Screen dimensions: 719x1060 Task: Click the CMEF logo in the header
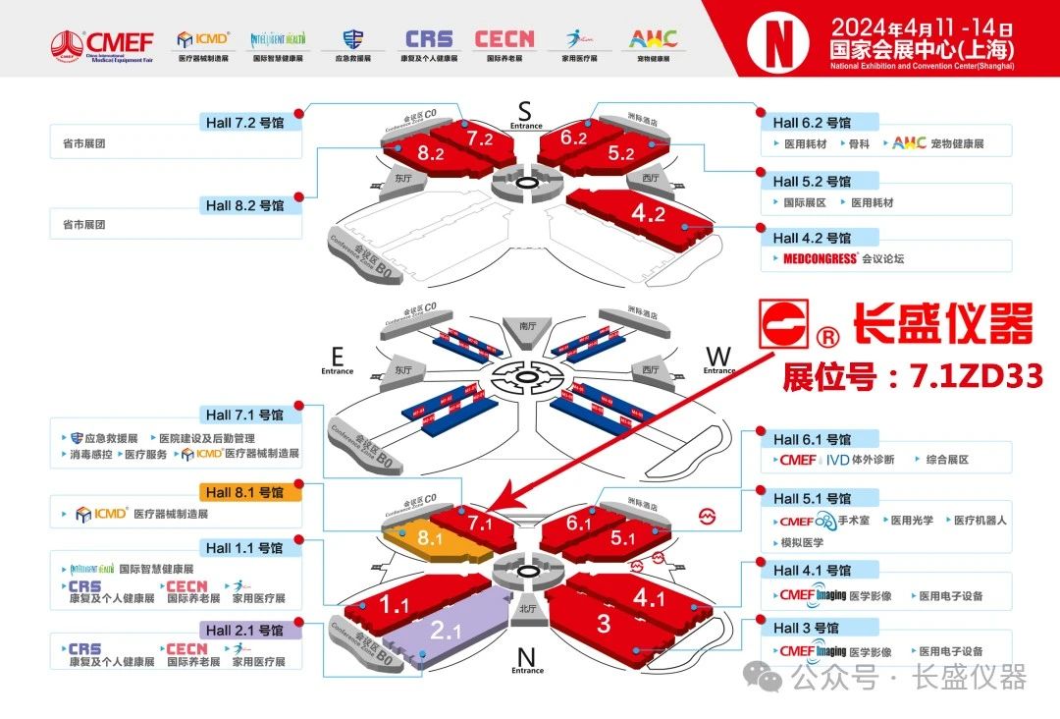[103, 43]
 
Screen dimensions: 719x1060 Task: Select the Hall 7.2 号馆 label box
[245, 123]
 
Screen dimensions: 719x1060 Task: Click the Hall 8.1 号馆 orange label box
[245, 492]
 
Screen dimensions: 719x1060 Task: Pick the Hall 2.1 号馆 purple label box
[245, 630]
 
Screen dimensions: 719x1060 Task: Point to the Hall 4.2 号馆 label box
[811, 238]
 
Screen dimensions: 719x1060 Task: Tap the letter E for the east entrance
[337, 355]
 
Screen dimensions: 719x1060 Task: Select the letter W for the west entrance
[718, 355]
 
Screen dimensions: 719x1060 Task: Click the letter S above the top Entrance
[525, 108]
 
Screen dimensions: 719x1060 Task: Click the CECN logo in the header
[504, 39]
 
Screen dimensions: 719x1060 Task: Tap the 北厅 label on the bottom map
[526, 607]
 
